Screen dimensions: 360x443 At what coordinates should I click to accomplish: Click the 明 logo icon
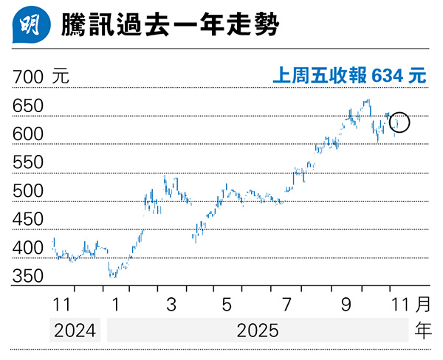[x=26, y=27]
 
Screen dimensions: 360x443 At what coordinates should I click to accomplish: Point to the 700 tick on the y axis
[x=28, y=77]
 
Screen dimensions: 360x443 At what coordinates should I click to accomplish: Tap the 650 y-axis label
[x=28, y=106]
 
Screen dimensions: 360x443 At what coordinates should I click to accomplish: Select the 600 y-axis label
[x=28, y=134]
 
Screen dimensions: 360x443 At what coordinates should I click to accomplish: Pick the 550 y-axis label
[x=28, y=163]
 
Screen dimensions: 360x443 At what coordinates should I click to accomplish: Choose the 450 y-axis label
[x=28, y=220]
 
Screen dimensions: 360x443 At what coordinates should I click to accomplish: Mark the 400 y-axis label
[x=28, y=249]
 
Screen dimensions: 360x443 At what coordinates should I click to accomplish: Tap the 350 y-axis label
[x=28, y=277]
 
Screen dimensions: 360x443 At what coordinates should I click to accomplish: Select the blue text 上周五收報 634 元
[x=349, y=76]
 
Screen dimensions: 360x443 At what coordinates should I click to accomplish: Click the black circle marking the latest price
[x=398, y=122]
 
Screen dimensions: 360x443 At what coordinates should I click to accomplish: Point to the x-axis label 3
[x=171, y=304]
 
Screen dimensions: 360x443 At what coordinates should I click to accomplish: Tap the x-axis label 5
[x=227, y=304]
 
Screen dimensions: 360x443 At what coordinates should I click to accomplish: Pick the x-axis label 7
[x=286, y=304]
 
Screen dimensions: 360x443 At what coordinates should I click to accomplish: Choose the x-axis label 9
[x=345, y=304]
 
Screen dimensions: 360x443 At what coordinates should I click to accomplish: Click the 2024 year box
[x=75, y=330]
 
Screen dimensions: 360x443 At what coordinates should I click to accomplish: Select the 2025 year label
[x=258, y=330]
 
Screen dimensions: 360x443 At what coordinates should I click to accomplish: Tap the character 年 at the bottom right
[x=422, y=330]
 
